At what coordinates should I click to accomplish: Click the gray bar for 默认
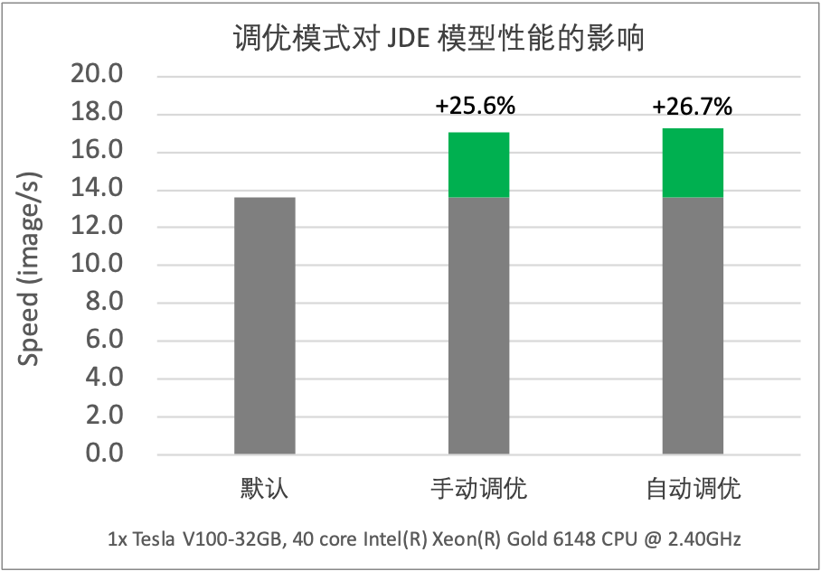tap(264, 325)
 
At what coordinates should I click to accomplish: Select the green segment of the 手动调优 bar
tap(479, 164)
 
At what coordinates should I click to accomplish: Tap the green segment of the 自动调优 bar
tap(693, 163)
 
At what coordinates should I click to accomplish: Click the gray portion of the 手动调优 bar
tap(479, 325)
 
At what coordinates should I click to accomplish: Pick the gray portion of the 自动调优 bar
tap(693, 325)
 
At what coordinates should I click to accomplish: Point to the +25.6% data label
tap(476, 106)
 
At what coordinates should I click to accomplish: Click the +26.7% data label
tap(692, 108)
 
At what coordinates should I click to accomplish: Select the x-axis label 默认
tap(264, 491)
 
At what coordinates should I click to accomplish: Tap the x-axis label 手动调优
tap(479, 491)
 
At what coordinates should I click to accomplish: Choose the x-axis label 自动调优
tap(694, 491)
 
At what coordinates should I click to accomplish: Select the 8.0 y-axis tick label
tap(105, 303)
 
